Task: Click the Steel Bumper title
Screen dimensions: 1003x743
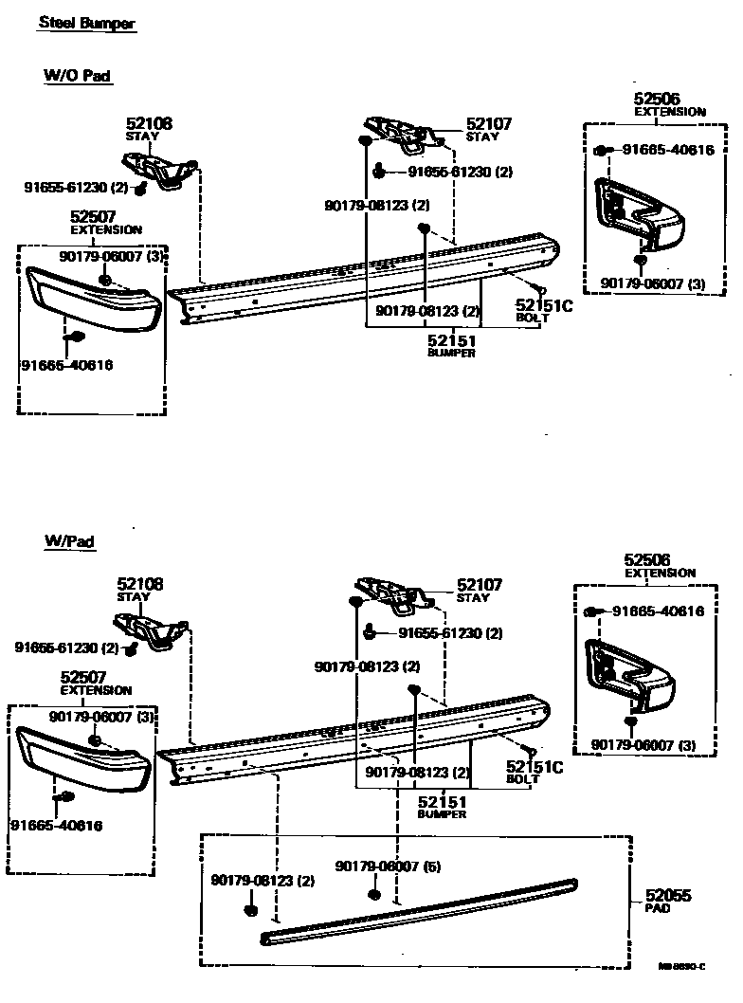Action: (87, 24)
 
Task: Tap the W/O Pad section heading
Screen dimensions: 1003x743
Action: (78, 75)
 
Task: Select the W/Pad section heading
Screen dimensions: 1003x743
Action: (69, 541)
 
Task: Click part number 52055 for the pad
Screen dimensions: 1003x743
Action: (668, 895)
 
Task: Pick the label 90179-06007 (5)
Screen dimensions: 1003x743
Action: (375, 866)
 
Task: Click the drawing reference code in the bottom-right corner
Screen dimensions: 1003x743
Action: (683, 967)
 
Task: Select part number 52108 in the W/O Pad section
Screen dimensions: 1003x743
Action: (150, 123)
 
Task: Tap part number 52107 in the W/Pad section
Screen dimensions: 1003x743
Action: (480, 585)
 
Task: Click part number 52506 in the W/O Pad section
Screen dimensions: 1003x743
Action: (656, 99)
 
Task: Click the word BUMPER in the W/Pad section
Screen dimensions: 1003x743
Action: (442, 814)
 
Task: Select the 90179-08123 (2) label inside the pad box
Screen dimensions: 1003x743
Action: (262, 881)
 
